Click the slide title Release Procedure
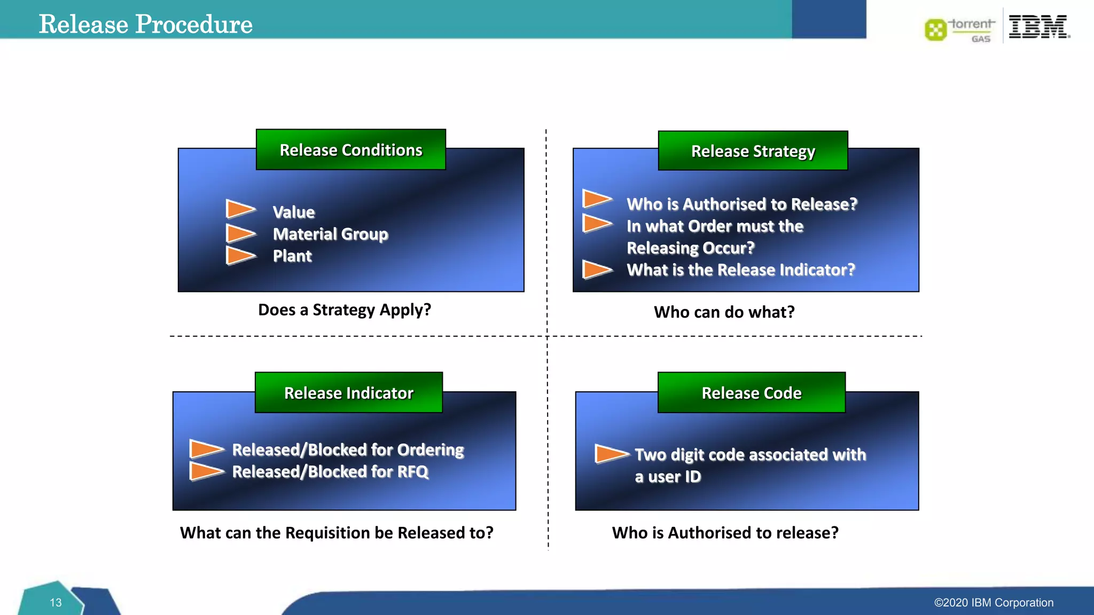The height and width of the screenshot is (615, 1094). click(x=145, y=24)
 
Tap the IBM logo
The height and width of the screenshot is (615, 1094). click(x=1038, y=26)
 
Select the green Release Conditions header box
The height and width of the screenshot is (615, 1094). click(x=350, y=150)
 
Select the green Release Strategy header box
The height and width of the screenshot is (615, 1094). click(x=753, y=151)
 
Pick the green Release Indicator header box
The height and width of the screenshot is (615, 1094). click(x=348, y=393)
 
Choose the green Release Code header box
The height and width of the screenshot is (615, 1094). click(x=751, y=393)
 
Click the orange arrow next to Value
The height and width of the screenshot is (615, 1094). click(x=240, y=209)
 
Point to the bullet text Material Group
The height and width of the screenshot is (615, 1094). click(x=330, y=234)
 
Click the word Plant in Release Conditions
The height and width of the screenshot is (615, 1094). click(x=292, y=256)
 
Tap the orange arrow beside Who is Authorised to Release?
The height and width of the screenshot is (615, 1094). click(x=596, y=199)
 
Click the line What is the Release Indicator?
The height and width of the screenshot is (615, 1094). click(x=740, y=270)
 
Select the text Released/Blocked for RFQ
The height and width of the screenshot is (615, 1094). click(x=330, y=472)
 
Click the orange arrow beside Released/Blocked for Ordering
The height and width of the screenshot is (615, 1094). click(x=206, y=449)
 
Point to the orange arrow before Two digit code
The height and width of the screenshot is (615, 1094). click(x=611, y=454)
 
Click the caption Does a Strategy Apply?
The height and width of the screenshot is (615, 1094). click(x=345, y=310)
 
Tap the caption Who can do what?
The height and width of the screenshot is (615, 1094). click(x=724, y=312)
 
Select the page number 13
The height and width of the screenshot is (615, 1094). click(x=56, y=603)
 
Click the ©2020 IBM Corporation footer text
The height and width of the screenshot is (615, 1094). click(x=993, y=603)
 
